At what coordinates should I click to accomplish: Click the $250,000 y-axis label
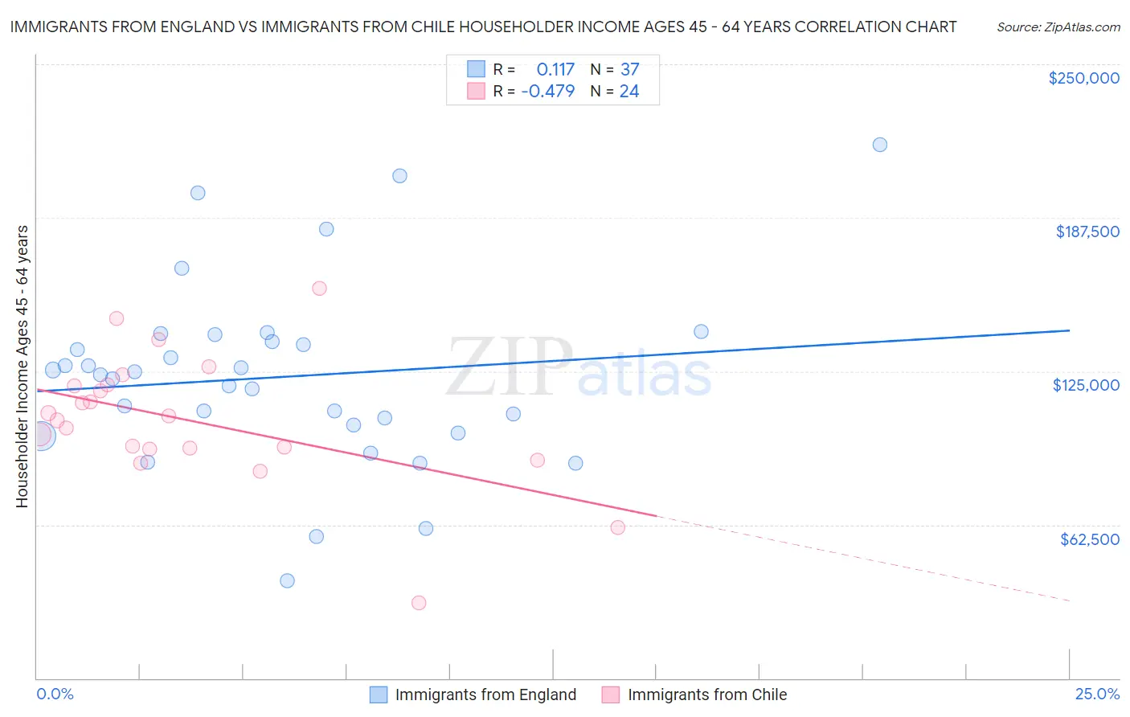point(1083,78)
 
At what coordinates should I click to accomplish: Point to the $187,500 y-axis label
point(1087,231)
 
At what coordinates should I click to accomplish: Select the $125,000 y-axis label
point(1086,385)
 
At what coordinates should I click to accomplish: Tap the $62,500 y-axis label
point(1089,539)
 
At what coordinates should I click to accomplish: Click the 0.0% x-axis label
point(55,694)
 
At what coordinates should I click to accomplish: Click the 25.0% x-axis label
point(1097,694)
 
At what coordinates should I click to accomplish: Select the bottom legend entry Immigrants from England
point(485,694)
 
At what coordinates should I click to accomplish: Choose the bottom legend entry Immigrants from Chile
point(707,694)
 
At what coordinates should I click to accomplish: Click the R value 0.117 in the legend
point(555,69)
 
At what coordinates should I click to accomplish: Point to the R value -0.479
point(547,91)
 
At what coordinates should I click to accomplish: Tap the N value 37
point(629,69)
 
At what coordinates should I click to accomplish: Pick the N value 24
point(629,91)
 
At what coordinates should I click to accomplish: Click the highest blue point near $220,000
point(880,145)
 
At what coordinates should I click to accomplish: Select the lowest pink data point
point(419,603)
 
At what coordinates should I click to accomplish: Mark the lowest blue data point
point(287,580)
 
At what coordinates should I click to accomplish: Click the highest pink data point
point(319,289)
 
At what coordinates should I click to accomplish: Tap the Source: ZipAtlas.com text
point(1058,27)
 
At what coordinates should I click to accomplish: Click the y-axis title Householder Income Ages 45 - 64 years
point(23,367)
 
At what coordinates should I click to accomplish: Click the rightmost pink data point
point(617,527)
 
